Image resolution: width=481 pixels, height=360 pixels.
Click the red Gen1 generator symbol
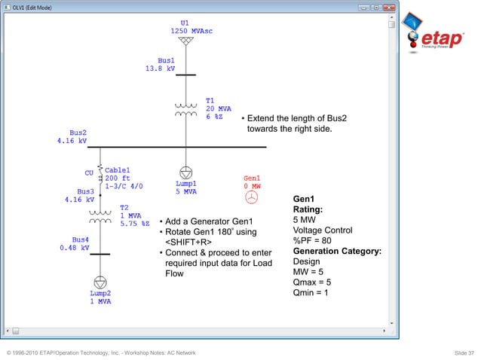251,197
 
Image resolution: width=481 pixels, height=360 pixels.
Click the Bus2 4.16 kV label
72,136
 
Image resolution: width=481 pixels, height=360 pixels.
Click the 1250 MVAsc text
185,31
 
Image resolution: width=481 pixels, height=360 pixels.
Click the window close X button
388,8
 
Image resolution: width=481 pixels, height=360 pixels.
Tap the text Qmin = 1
311,294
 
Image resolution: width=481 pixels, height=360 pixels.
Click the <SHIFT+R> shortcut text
188,242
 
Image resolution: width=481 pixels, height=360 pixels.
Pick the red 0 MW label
252,185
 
